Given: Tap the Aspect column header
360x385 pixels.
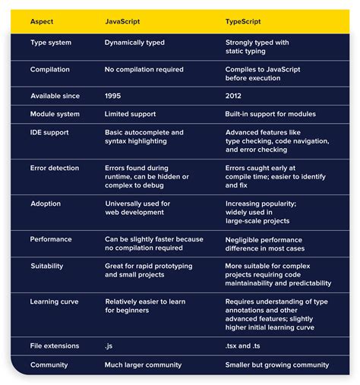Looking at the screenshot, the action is tap(43, 21).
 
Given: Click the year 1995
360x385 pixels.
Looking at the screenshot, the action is tap(113, 96).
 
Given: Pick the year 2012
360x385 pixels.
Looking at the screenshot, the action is tap(234, 96).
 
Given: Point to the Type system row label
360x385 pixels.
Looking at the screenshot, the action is tap(50, 43).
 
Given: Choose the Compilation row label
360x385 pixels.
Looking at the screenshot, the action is tap(50, 69).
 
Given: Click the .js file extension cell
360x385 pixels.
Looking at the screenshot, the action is tap(109, 346).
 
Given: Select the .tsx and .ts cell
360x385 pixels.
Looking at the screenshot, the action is tap(248, 346).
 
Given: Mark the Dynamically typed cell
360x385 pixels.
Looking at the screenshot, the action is tap(134, 43).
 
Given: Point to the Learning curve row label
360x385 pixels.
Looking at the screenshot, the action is tap(55, 301).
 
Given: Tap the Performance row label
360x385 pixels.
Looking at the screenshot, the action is tap(51, 239).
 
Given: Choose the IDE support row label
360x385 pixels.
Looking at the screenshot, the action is tap(50, 132).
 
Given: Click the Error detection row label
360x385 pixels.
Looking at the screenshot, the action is tap(54, 167).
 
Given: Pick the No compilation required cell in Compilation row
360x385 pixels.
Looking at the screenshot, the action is tap(144, 69).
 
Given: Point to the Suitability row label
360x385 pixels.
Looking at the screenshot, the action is tap(47, 267).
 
